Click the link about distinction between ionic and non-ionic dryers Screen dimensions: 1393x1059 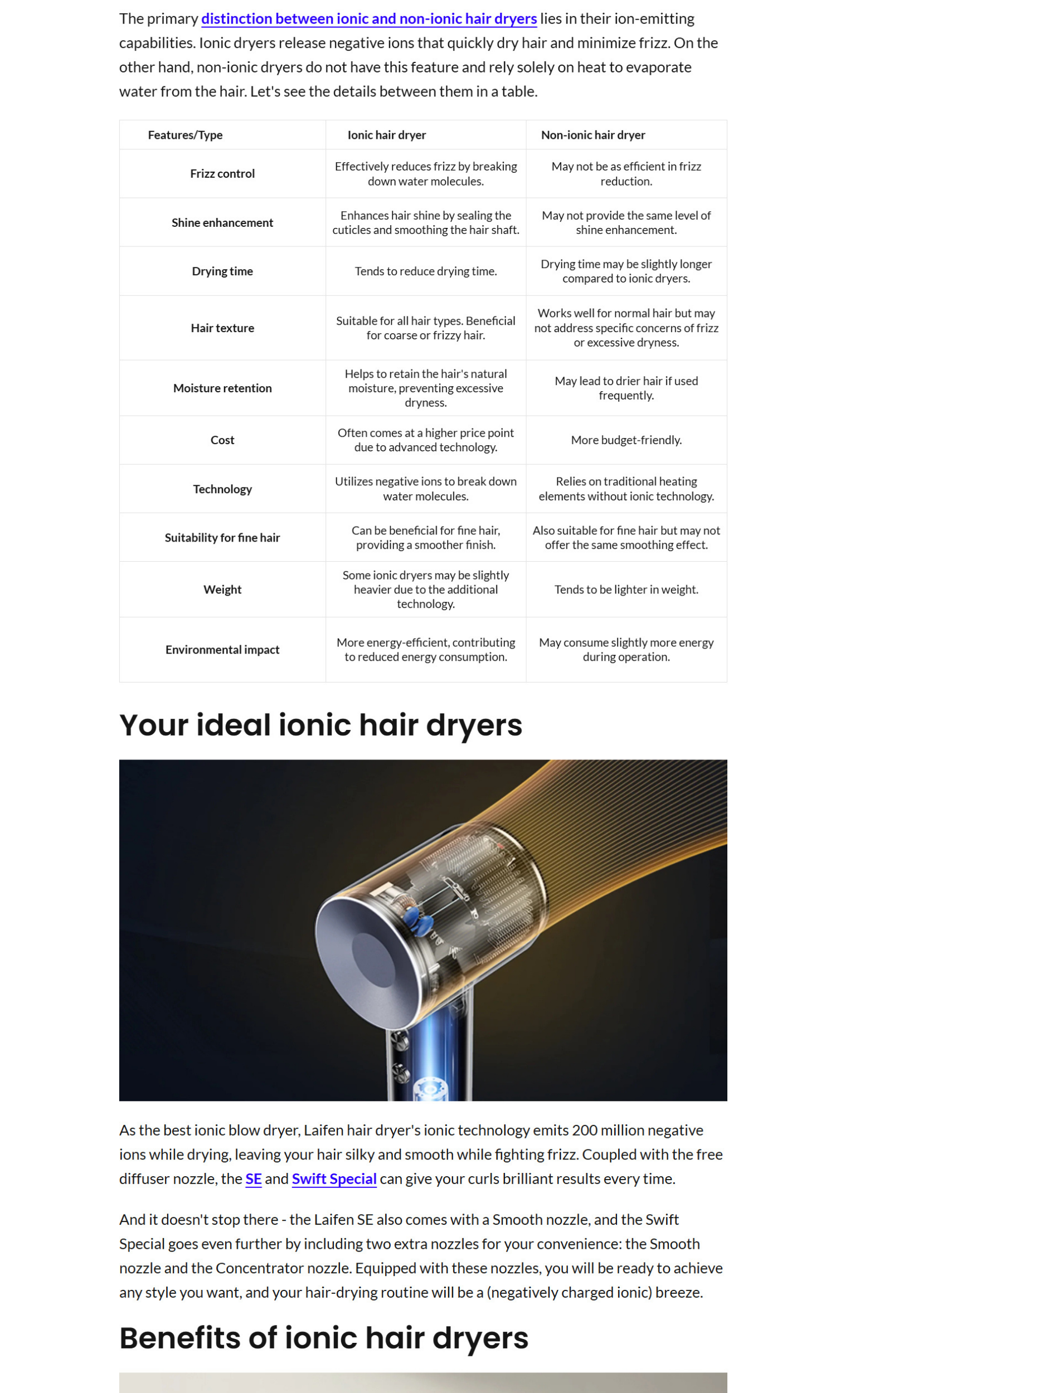(369, 19)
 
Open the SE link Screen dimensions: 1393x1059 (253, 1179)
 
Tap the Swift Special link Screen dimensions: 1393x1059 (333, 1179)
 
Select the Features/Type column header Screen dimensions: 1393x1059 (184, 135)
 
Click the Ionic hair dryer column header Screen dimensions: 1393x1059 (386, 135)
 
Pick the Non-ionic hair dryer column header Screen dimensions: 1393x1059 (592, 135)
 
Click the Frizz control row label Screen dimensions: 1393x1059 (222, 173)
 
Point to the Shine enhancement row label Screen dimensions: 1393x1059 (222, 222)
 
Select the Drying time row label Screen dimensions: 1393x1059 (222, 271)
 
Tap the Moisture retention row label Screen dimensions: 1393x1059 (222, 388)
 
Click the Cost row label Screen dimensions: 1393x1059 (222, 440)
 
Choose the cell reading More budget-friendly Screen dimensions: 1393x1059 (626, 440)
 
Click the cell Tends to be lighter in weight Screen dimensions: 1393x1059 (626, 589)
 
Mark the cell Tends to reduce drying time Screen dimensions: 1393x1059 (425, 271)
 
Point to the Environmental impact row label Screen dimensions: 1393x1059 (222, 650)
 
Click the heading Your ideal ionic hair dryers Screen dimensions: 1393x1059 (320, 724)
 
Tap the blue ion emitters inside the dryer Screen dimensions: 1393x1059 (419, 922)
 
